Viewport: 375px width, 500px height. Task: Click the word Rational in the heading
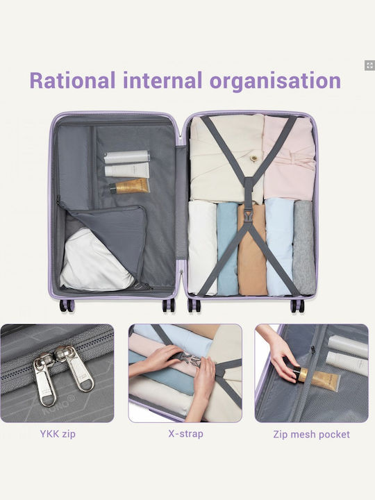72,80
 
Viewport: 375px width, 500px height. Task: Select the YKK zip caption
58,434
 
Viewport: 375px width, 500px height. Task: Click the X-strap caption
186,433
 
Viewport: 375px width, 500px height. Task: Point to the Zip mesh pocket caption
311,434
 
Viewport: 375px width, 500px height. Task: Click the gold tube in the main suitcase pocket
129,186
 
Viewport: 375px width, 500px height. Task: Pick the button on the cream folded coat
253,158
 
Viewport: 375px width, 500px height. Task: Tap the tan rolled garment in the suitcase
252,250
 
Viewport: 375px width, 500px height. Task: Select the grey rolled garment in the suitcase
304,247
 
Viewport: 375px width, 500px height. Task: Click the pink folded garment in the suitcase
289,157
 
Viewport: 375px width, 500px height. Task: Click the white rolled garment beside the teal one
203,247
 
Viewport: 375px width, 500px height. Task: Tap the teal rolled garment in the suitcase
227,249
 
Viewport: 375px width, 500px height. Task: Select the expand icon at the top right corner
369,65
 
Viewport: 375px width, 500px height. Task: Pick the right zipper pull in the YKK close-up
76,368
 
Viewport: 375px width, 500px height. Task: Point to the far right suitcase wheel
298,306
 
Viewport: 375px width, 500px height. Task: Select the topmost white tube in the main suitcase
127,157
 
